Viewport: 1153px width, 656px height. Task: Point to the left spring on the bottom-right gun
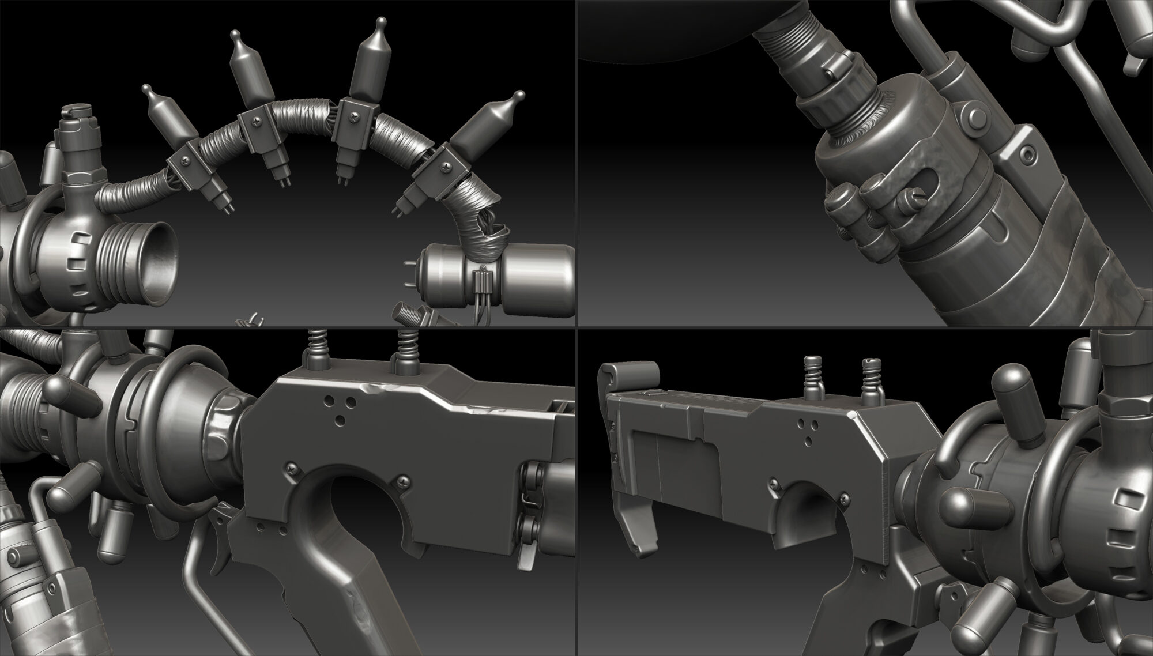813,375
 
